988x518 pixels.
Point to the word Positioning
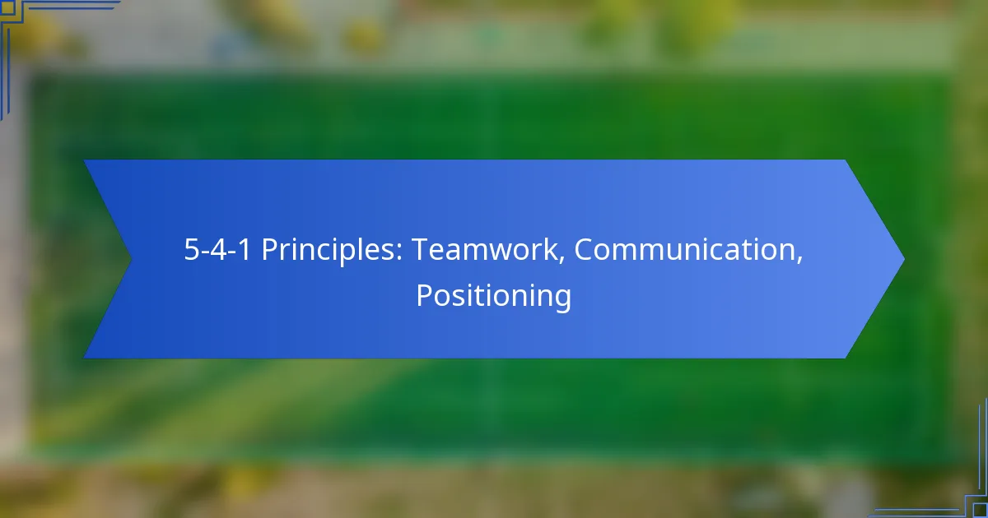tap(493, 297)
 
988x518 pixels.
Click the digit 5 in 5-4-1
tap(193, 250)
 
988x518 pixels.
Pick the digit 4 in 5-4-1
tap(218, 250)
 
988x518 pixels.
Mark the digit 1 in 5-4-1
tap(243, 250)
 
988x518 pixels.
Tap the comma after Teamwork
tap(562, 261)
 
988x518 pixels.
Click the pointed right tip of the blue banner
tap(904, 259)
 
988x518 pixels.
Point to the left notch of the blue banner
tap(131, 259)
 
